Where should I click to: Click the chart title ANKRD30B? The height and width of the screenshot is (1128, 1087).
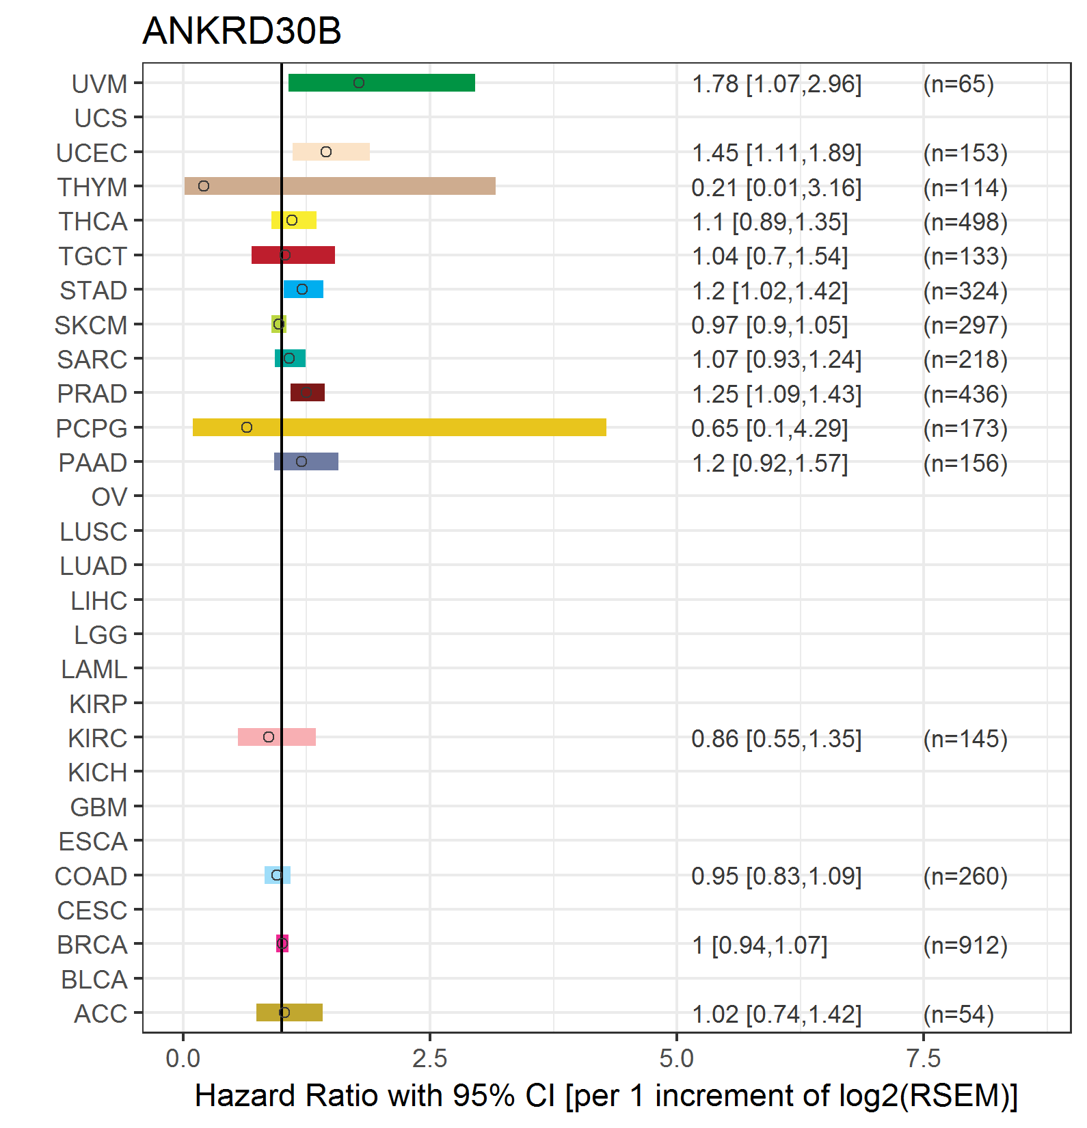tap(241, 31)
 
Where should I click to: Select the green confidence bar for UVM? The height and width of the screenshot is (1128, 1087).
tap(381, 83)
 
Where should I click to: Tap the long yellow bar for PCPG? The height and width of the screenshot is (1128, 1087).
tap(399, 427)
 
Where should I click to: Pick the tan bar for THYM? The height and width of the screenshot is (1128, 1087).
tap(340, 186)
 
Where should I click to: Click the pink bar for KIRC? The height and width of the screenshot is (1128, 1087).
tap(277, 737)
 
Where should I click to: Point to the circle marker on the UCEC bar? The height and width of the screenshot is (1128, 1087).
tap(326, 152)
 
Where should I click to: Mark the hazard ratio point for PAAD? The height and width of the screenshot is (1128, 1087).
tap(301, 461)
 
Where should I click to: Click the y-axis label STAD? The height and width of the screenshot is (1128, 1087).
tap(94, 291)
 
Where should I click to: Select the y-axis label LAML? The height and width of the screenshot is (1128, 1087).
tap(94, 669)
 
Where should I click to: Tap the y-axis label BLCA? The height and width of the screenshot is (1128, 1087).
tap(94, 980)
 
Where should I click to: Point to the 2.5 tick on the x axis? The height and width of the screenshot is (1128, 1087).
tap(430, 1059)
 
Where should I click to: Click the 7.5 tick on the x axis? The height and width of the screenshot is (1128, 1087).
tap(924, 1059)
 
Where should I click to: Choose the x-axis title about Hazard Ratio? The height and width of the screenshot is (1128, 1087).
tap(606, 1096)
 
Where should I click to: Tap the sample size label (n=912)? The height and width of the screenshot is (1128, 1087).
tap(965, 945)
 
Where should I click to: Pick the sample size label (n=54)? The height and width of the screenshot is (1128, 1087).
tap(958, 1015)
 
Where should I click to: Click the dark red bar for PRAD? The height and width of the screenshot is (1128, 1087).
tap(308, 392)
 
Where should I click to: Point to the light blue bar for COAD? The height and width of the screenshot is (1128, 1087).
tap(278, 875)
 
